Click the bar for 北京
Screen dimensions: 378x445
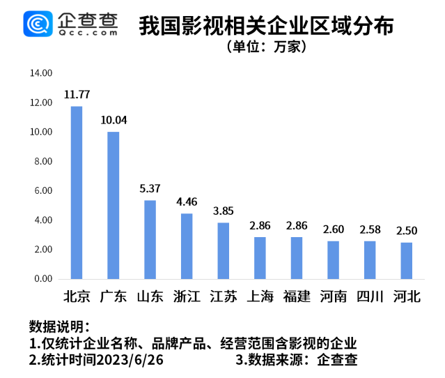tap(77, 192)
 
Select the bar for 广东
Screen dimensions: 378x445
tap(113, 205)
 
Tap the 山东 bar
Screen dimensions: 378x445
tap(150, 239)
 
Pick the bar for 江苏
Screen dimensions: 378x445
tap(223, 250)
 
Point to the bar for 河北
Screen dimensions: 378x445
tap(406, 260)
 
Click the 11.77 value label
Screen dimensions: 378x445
tap(77, 94)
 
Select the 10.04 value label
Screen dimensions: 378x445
tap(113, 120)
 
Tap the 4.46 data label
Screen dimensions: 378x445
tap(187, 202)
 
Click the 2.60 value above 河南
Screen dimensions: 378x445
tap(333, 229)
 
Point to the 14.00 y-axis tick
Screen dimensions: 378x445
tap(41, 73)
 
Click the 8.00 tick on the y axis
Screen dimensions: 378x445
tap(43, 161)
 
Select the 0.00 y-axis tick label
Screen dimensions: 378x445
tap(43, 278)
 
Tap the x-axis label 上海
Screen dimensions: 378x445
tap(260, 296)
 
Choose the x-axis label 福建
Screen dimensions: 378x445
tap(297, 296)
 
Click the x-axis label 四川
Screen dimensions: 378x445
tap(370, 296)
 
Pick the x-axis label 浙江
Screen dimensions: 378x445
tap(187, 296)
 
